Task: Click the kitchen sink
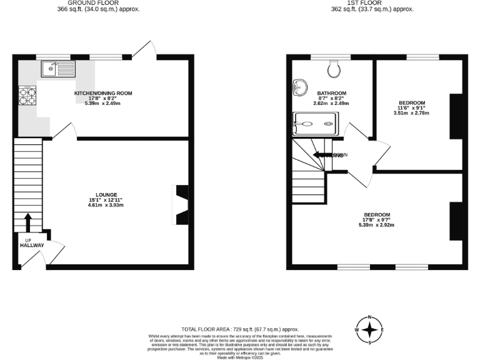[57, 69]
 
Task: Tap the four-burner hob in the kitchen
[28, 96]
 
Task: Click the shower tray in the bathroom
[315, 124]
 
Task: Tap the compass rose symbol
[370, 330]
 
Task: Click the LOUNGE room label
[107, 195]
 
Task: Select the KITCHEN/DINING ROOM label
[104, 93]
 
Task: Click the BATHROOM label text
[331, 93]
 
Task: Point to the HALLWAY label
[31, 246]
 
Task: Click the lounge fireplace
[180, 204]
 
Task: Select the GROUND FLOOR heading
[99, 2]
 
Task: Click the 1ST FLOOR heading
[373, 2]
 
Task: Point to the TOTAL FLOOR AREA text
[240, 329]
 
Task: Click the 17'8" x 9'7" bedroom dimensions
[377, 220]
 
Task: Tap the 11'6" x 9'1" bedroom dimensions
[412, 108]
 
